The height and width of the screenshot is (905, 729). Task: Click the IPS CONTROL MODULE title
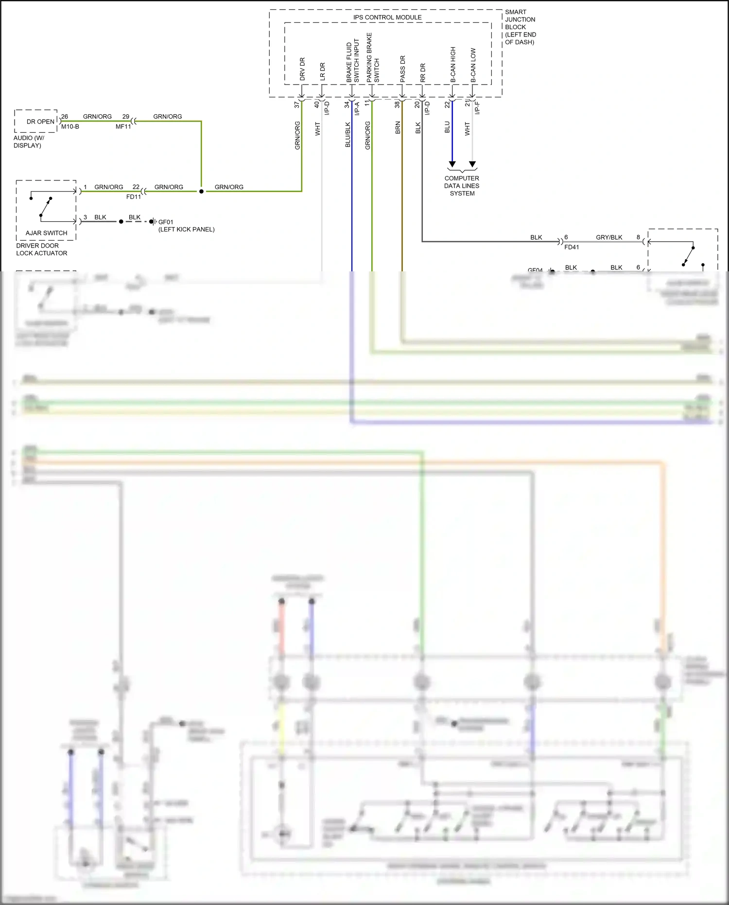[387, 17]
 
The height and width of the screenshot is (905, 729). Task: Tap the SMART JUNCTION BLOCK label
[520, 27]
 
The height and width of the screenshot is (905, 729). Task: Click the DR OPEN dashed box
[36, 121]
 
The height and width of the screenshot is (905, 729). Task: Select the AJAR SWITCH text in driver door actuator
[46, 233]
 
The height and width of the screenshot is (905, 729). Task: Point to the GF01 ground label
[165, 222]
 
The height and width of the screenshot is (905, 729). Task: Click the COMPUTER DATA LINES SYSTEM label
[462, 186]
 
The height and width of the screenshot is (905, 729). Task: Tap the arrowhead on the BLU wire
[452, 164]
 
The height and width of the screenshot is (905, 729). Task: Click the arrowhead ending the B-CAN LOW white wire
[472, 164]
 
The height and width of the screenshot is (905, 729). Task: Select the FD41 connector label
[572, 247]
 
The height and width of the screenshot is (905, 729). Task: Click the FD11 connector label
[133, 197]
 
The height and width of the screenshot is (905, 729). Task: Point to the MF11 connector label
[123, 126]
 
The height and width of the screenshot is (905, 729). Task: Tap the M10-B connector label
[70, 126]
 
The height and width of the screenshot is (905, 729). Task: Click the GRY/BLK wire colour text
[609, 237]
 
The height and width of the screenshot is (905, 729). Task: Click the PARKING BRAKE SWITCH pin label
[372, 57]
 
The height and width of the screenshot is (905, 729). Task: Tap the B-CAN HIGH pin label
[453, 64]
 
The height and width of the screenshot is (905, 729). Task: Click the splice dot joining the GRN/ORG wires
[201, 191]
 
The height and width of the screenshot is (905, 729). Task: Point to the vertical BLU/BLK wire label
[347, 135]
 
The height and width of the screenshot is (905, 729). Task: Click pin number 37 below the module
[296, 104]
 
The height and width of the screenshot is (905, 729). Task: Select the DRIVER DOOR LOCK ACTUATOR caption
[41, 249]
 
